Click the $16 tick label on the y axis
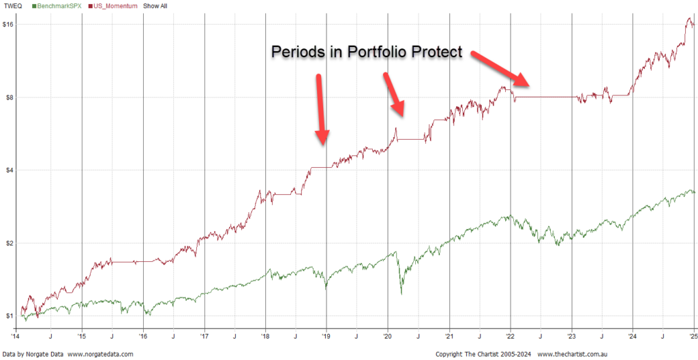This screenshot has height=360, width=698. point(9,25)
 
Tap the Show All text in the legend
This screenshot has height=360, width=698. point(155,6)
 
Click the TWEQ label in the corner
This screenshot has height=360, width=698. point(12,6)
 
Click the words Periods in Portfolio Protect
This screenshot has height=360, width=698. point(367,52)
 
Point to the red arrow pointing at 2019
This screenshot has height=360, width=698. point(322,109)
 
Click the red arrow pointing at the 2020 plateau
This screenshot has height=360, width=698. point(395,95)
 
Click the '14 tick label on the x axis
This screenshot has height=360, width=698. point(15,337)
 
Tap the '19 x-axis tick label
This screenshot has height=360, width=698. point(326,337)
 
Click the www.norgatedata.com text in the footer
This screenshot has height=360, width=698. point(100,355)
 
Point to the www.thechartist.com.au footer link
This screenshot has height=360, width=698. point(574,355)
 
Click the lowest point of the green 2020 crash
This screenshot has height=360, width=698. point(401,294)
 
